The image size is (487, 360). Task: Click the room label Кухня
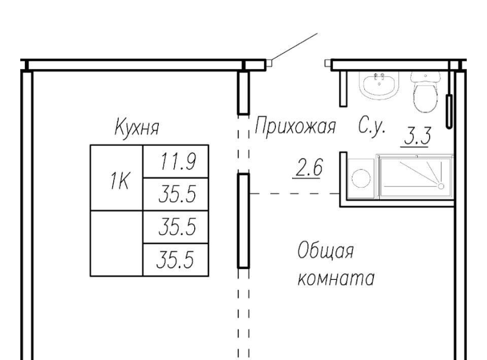pyautogui.click(x=136, y=127)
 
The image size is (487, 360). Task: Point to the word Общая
pyautogui.click(x=325, y=251)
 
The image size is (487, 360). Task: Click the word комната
pyautogui.click(x=335, y=278)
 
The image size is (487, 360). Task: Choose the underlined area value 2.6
pyautogui.click(x=307, y=169)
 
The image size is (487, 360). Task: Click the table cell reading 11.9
pyautogui.click(x=176, y=161)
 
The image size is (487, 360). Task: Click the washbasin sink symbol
pyautogui.click(x=378, y=84)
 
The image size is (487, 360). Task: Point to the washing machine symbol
pyautogui.click(x=361, y=178)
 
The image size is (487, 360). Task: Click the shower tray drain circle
pyautogui.click(x=441, y=187)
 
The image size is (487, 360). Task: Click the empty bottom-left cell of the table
pyautogui.click(x=117, y=243)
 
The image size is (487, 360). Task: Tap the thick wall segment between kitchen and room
pyautogui.click(x=243, y=221)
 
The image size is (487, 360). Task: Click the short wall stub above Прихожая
pyautogui.click(x=243, y=92)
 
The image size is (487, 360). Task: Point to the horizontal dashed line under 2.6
pyautogui.click(x=294, y=193)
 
